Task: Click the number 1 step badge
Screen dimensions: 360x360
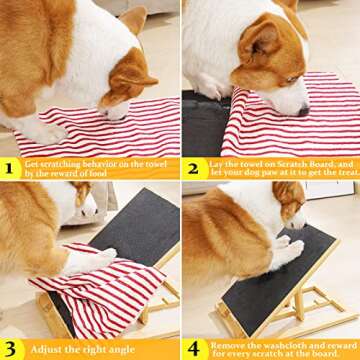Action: pyautogui.click(x=10, y=169)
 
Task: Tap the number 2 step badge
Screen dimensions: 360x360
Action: pyautogui.click(x=192, y=168)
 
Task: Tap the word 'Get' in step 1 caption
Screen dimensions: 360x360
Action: pyautogui.click(x=32, y=163)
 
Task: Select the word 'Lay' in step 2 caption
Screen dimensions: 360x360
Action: pyautogui.click(x=218, y=162)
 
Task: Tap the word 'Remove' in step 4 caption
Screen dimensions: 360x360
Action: pyautogui.click(x=226, y=343)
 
